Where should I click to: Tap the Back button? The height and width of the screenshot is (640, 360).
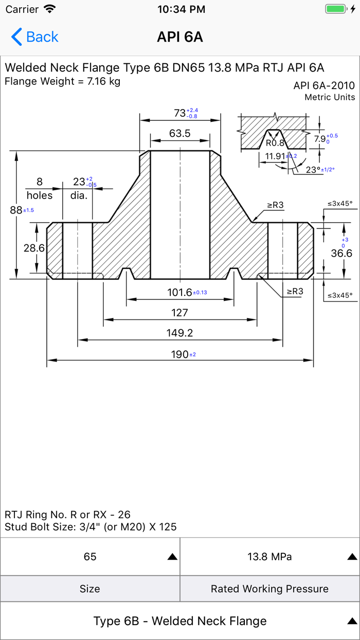(x=34, y=37)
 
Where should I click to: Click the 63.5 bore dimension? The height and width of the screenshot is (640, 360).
(x=180, y=134)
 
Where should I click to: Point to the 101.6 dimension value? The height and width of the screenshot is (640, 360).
(x=179, y=292)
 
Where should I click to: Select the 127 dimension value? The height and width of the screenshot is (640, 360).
(x=180, y=313)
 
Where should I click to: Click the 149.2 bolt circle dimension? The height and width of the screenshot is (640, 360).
(x=180, y=333)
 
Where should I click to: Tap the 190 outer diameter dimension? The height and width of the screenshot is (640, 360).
(x=179, y=354)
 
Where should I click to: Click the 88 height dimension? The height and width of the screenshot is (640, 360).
(x=16, y=209)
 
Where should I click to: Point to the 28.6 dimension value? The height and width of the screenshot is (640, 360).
(x=34, y=248)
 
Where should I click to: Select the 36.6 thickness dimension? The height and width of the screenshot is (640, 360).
(x=341, y=253)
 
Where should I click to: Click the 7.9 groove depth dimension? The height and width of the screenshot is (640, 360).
(x=320, y=139)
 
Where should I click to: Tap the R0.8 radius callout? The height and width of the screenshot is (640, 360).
(x=275, y=144)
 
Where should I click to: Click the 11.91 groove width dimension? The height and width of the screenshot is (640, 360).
(x=275, y=156)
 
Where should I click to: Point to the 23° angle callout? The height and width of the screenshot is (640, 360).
(x=313, y=169)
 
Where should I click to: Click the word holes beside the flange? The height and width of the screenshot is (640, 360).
(x=40, y=195)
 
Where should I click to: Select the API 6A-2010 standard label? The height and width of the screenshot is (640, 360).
(x=324, y=85)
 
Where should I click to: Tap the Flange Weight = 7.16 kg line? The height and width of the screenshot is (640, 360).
(x=62, y=81)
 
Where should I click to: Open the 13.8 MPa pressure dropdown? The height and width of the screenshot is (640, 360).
(x=270, y=557)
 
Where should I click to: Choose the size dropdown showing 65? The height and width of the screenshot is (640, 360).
(x=90, y=557)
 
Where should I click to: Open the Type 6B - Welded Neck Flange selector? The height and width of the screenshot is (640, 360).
(x=180, y=621)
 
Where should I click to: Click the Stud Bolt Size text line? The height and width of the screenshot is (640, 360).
(x=91, y=527)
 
